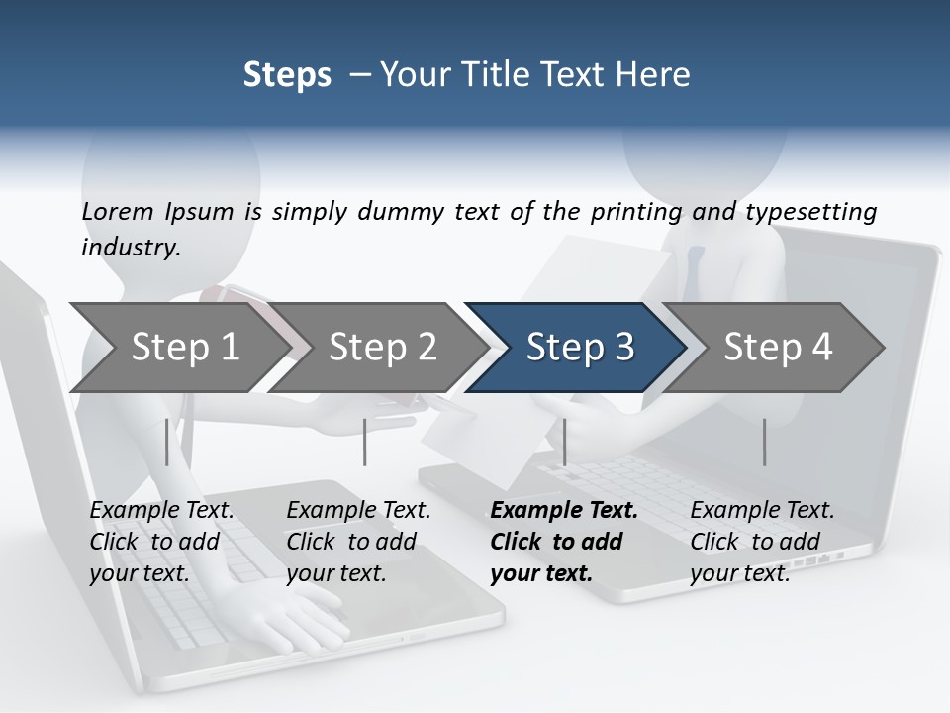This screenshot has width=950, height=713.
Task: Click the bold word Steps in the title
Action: click(287, 75)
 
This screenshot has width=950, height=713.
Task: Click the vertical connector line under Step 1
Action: click(167, 442)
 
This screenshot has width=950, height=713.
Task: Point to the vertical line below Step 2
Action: click(365, 442)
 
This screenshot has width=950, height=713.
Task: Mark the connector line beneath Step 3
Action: click(564, 442)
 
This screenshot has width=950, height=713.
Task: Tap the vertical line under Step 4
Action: click(764, 442)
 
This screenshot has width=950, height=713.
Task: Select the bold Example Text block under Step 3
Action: click(563, 542)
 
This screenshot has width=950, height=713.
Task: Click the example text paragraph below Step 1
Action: click(161, 542)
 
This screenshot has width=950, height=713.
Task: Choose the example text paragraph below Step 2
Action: click(358, 542)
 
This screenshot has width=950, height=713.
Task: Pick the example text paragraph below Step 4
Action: click(762, 542)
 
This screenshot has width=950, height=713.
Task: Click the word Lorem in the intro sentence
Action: click(118, 212)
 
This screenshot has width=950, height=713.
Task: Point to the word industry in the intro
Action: click(130, 248)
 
